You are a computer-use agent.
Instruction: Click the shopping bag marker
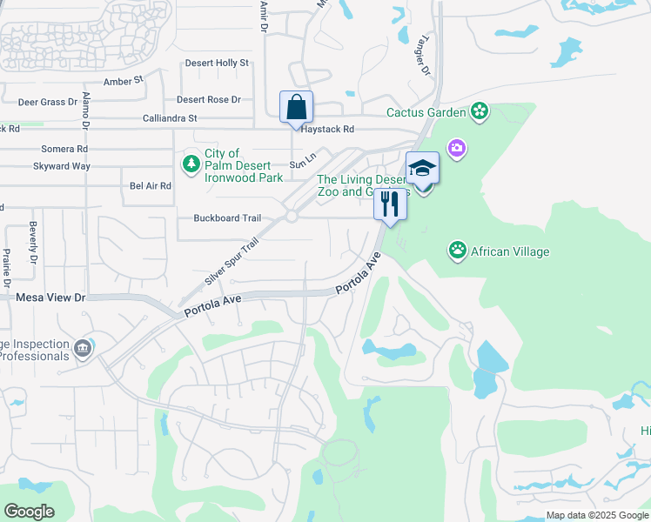pos(297,108)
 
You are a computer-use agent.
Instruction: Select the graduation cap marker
pos(423,167)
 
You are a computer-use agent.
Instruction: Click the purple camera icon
pos(457,150)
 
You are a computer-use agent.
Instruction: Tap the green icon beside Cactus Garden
pos(479,111)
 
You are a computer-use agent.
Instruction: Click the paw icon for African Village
pos(458,251)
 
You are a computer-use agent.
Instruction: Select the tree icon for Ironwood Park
pos(191,164)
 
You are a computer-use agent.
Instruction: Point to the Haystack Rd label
pos(327,130)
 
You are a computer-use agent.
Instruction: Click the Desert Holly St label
pos(217,64)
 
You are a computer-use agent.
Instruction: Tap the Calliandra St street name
pos(171,118)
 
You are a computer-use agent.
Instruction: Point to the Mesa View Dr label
pos(50,298)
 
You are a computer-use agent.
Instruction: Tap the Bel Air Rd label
pos(150,186)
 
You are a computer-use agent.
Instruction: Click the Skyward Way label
pos(62,166)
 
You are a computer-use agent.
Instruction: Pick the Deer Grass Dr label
pos(49,103)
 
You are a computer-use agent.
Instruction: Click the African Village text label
pos(510,252)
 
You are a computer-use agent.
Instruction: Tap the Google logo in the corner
pos(30,512)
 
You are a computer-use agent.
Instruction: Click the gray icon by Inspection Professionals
pos(83,348)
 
